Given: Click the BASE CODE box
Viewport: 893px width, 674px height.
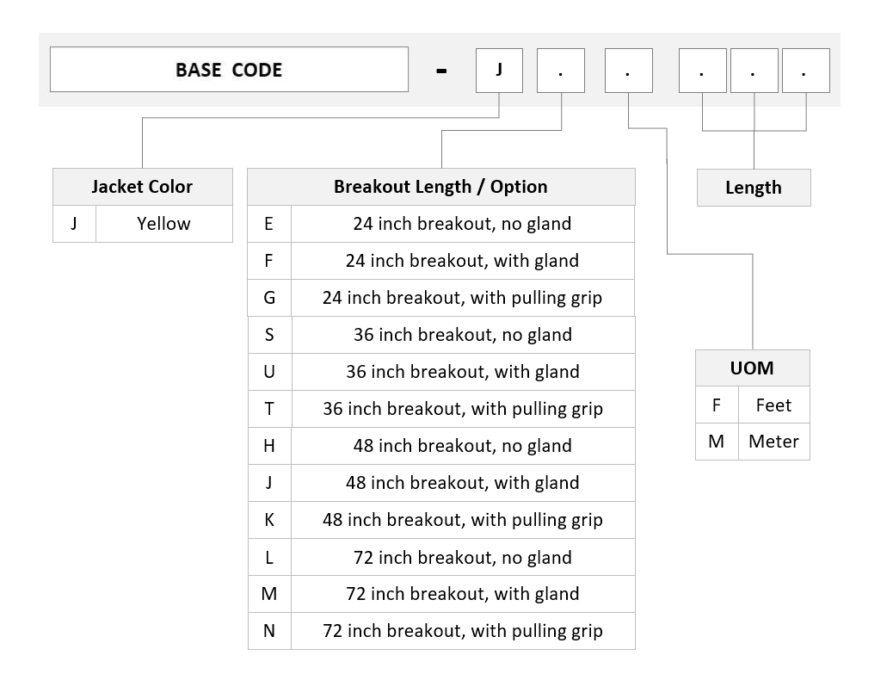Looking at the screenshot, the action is (229, 70).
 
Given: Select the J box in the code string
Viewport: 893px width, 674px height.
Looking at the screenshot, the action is (499, 70).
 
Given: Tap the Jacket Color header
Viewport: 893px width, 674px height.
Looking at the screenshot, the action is (142, 187).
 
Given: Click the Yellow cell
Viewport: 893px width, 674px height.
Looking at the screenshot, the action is (164, 224).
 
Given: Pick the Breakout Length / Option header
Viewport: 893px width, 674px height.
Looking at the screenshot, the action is (440, 187).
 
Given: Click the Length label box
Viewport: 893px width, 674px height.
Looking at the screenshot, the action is (754, 188).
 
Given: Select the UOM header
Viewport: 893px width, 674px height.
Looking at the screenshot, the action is (752, 368).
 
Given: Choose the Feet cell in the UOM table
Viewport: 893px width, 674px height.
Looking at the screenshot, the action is (774, 405).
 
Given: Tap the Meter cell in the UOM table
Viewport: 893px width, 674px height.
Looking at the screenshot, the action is (774, 442).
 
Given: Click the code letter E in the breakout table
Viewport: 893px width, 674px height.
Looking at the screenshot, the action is (268, 224).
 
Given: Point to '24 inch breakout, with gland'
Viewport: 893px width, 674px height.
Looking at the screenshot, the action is (463, 261).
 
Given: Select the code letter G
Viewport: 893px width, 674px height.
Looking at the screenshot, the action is (269, 298).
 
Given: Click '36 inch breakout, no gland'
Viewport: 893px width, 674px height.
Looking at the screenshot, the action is (463, 335).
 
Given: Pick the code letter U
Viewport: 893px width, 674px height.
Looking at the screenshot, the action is (269, 372).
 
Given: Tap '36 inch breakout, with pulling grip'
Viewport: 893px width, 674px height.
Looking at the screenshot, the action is (463, 409).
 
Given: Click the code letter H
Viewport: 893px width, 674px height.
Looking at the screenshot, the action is (269, 446).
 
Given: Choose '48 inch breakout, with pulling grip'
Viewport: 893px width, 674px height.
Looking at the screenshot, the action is (463, 520).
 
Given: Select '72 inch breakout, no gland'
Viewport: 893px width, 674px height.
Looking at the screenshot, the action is (463, 557).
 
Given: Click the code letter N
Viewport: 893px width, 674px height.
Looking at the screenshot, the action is (269, 631).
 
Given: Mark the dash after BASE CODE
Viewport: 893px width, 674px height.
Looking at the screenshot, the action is (441, 71).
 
